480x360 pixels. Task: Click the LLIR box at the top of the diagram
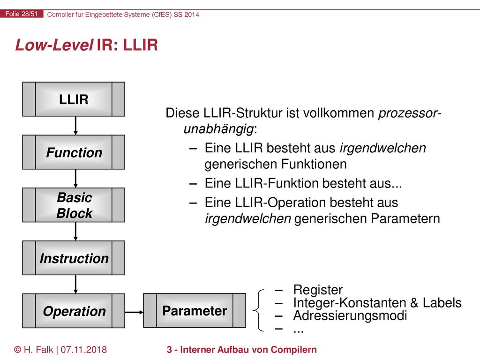click(x=74, y=99)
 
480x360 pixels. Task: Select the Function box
click(x=74, y=152)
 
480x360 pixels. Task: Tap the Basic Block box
click(x=74, y=205)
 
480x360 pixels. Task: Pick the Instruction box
click(x=74, y=258)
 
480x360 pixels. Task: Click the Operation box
click(x=74, y=311)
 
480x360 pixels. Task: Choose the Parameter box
click(x=195, y=310)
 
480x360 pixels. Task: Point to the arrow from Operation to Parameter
click(x=134, y=312)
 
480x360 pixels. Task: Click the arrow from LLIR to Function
click(x=75, y=126)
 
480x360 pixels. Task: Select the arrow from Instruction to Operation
click(x=75, y=285)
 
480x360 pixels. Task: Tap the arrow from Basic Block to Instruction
click(x=75, y=232)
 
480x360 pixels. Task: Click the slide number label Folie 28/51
click(x=22, y=14)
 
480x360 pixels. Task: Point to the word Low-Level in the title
click(x=54, y=45)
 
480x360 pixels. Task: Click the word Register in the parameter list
click(x=318, y=290)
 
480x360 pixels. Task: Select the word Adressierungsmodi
click(x=350, y=315)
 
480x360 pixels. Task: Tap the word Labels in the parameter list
click(x=442, y=302)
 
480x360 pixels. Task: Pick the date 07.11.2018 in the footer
click(x=83, y=350)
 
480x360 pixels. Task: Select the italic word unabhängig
click(x=218, y=129)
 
